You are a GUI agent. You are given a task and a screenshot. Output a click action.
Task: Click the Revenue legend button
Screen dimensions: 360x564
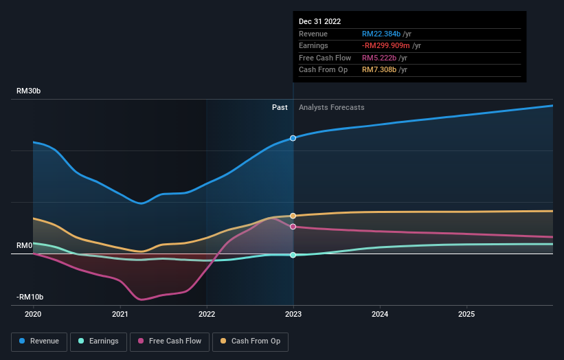tap(40, 341)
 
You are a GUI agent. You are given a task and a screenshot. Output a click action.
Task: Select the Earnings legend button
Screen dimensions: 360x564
tap(99, 341)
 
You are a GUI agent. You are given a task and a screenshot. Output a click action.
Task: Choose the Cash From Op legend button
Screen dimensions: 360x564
tap(251, 341)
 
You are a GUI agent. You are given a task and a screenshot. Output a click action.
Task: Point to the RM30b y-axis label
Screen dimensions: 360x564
tap(31, 91)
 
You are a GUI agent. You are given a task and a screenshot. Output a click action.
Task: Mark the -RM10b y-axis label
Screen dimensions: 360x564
tap(30, 297)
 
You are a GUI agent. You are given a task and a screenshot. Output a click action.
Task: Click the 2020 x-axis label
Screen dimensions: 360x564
tap(33, 314)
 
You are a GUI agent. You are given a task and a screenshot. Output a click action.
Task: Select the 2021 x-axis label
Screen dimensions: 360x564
tap(120, 314)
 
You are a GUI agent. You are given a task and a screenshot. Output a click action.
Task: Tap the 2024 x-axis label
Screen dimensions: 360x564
tap(380, 314)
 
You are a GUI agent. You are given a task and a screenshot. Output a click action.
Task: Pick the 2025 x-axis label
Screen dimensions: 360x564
tap(466, 314)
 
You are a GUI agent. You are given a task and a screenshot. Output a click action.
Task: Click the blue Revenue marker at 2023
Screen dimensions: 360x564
tap(293, 138)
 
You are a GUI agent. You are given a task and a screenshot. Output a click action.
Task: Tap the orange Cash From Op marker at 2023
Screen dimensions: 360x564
tap(293, 216)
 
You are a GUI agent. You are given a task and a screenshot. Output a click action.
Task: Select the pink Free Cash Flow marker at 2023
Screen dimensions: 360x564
tap(293, 227)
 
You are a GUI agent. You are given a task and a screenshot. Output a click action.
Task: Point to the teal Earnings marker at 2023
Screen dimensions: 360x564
tap(293, 255)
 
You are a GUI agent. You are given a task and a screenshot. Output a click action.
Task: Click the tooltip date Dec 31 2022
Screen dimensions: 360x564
tap(319, 22)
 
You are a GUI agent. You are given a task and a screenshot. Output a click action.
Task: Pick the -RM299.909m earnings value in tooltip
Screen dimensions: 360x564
tap(387, 46)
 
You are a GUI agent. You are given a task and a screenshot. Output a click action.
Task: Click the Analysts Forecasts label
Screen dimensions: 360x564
tap(332, 107)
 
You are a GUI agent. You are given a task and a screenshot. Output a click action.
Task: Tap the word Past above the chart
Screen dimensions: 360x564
tap(280, 107)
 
